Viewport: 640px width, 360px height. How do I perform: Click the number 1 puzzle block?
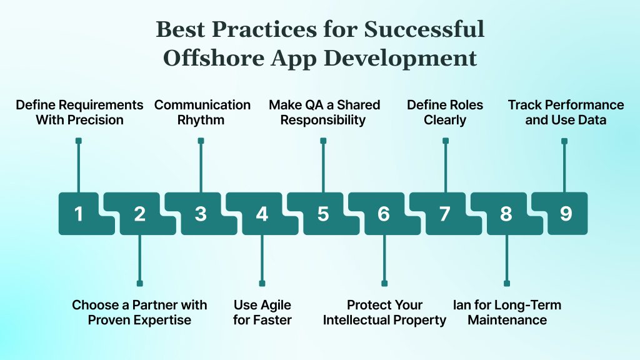pos(79,214)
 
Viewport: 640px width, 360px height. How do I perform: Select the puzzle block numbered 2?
pos(140,214)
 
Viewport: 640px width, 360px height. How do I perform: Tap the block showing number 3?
pos(201,214)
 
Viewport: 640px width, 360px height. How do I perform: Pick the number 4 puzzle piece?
pos(262,214)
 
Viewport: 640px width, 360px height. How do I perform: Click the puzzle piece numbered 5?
pos(322,214)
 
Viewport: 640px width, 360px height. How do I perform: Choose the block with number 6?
pos(384,214)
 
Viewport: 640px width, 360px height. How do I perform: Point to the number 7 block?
pos(444,214)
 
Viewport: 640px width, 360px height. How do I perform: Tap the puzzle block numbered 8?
pos(506,214)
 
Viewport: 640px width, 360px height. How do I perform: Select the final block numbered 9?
pos(566,214)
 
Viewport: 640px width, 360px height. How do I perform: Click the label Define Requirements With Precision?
pos(79,112)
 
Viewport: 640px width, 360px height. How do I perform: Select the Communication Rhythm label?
pos(202,112)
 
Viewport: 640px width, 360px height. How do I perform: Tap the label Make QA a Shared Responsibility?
pos(324,112)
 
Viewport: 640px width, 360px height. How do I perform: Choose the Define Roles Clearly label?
pos(445,112)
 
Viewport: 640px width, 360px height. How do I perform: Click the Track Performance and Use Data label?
pos(566,112)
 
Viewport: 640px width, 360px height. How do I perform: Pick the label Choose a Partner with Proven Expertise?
pos(139,312)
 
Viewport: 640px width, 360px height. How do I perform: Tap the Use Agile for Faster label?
pos(262,312)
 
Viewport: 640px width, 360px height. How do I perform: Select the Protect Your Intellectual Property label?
pos(384,312)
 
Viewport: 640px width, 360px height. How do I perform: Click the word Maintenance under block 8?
pos(507,321)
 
